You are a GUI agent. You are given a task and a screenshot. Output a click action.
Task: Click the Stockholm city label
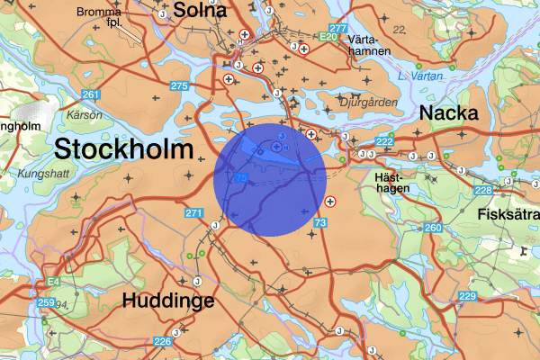[x=124, y=149]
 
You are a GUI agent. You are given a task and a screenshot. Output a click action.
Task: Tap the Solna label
[x=200, y=10]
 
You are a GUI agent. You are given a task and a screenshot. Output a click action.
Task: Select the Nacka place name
[x=449, y=113]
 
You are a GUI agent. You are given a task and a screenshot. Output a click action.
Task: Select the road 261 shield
[x=90, y=94]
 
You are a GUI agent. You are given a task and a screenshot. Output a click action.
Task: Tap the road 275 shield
[x=178, y=85]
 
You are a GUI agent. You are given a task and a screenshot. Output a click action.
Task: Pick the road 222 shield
[x=384, y=142]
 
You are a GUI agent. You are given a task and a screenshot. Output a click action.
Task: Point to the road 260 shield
[x=433, y=228]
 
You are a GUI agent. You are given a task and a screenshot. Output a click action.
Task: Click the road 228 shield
[x=483, y=190]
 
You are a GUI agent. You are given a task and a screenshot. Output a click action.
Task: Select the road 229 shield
[x=467, y=296]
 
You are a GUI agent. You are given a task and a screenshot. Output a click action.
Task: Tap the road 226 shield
[x=162, y=341]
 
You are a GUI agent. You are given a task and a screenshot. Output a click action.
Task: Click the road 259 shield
[x=47, y=302]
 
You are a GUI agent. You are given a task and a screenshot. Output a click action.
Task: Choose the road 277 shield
[x=337, y=28]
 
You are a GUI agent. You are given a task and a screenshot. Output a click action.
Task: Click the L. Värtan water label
[x=421, y=76]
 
